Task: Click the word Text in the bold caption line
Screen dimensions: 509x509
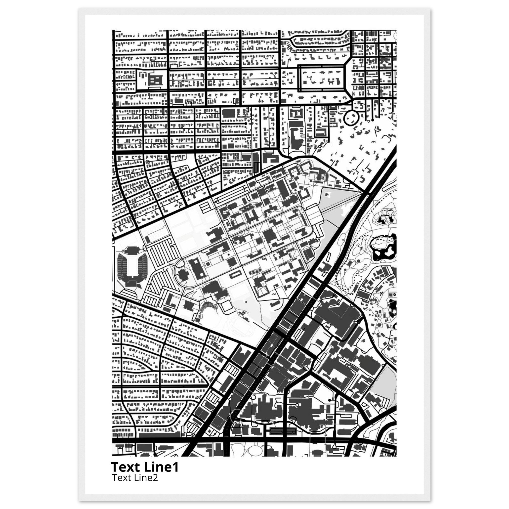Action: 126,467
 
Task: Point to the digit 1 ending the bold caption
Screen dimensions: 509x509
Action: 176,467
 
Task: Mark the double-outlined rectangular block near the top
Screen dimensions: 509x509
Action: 321,78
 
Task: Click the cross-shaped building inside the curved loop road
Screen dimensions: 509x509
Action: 182,275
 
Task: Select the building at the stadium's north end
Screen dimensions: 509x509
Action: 131,250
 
